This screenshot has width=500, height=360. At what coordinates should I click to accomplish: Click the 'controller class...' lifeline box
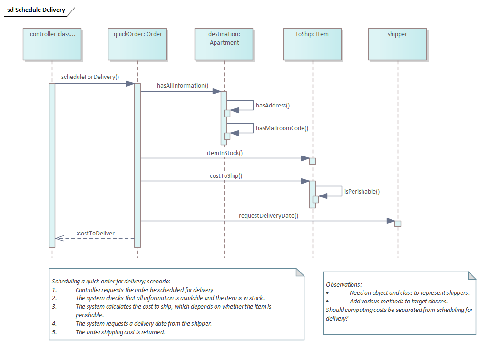tap(52, 44)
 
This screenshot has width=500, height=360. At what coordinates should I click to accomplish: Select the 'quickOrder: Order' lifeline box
tap(137, 44)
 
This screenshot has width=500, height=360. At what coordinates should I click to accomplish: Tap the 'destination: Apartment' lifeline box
tap(224, 44)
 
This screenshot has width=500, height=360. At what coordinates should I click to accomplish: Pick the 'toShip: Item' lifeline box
tap(312, 44)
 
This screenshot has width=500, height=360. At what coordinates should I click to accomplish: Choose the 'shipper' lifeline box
tap(397, 44)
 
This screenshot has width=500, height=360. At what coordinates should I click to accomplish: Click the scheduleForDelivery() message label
tap(90, 77)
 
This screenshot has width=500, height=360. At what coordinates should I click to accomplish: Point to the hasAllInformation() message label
tap(183, 86)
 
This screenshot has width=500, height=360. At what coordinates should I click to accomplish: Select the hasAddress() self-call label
tap(273, 106)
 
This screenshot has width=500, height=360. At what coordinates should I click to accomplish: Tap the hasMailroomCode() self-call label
tap(282, 128)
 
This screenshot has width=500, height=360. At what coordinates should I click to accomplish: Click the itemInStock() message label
tap(225, 153)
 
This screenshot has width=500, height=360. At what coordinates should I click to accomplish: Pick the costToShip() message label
tap(226, 175)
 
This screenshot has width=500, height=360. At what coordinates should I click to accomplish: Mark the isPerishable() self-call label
tap(362, 192)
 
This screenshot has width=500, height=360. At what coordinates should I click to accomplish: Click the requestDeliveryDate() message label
tap(268, 215)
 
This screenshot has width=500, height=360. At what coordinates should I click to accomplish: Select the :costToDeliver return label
tap(96, 233)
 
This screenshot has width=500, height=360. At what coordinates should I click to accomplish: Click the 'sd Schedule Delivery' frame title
tap(36, 10)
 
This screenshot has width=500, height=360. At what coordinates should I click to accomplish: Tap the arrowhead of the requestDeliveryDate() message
tap(391, 221)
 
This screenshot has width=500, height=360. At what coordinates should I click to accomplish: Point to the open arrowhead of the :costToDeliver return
tap(59, 238)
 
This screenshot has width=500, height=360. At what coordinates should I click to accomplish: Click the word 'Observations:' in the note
tap(343, 284)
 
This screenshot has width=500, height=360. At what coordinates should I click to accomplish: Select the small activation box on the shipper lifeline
tap(398, 224)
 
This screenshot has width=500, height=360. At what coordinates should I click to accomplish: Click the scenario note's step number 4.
tap(54, 323)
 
